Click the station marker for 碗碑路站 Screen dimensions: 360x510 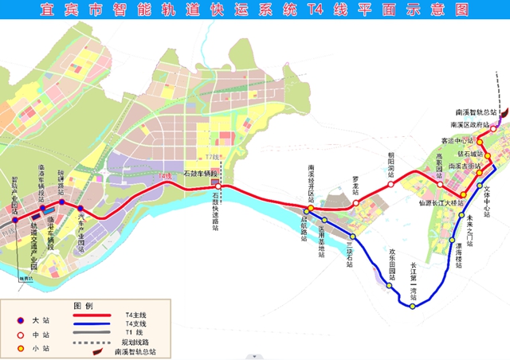(x=61, y=202)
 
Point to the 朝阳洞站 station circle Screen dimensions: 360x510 (x=391, y=184)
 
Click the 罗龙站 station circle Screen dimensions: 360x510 (x=356, y=203)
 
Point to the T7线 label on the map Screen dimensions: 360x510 (x=211, y=158)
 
